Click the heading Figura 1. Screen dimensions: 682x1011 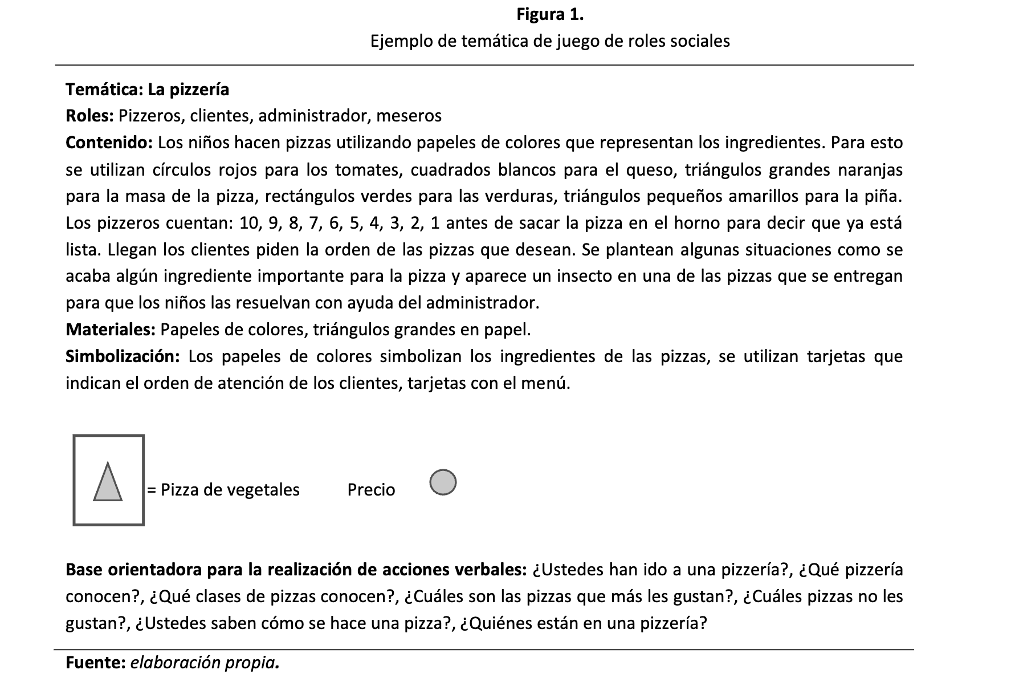550,15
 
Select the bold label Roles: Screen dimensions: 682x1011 90,116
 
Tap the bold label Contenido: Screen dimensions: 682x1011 109,143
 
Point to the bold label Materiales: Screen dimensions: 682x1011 111,330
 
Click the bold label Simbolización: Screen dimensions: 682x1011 123,356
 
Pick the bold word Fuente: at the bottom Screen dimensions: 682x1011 95,663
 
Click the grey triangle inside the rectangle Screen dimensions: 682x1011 108,483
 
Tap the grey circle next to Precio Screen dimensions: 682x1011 443,482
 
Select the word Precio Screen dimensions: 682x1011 371,490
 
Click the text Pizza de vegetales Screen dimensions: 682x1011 230,490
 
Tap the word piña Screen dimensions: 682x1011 886,197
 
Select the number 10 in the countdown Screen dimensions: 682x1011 249,223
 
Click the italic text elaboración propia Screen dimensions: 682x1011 205,663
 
